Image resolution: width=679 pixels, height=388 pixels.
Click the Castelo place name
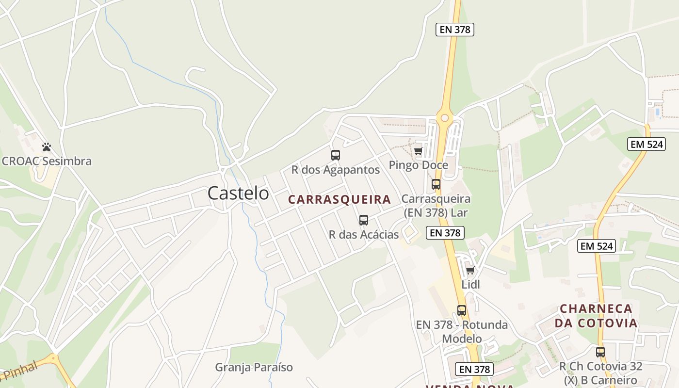pos(238,193)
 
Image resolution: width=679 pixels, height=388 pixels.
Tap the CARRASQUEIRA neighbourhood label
pos(339,199)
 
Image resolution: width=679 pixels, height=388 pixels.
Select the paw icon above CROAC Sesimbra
pos(47,146)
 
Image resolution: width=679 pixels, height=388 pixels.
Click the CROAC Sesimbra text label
pos(47,161)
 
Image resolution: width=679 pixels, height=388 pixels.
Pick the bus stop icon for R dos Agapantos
pos(335,155)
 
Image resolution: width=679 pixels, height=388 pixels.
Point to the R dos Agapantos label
pos(335,170)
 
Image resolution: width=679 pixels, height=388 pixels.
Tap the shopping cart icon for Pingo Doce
pos(418,151)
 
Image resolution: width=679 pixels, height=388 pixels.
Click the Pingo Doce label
pos(418,165)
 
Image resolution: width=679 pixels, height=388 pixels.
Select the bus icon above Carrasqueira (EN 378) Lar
pos(436,184)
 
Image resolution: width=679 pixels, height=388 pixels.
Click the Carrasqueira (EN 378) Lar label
pos(436,206)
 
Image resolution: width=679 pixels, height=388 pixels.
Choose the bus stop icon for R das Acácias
pos(364,220)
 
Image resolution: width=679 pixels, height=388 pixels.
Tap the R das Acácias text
pos(364,235)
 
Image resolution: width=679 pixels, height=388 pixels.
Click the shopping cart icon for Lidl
pos(470,270)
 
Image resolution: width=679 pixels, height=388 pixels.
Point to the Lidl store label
pos(470,285)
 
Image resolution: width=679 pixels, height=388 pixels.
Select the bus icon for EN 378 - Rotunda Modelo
pos(462,310)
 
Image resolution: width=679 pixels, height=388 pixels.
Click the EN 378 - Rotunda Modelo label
pos(462,331)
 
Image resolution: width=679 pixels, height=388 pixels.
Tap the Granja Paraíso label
pos(254,367)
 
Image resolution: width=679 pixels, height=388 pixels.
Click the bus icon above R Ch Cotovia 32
pos(600,352)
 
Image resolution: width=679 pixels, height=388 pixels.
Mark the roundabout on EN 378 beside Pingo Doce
pos(444,117)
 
